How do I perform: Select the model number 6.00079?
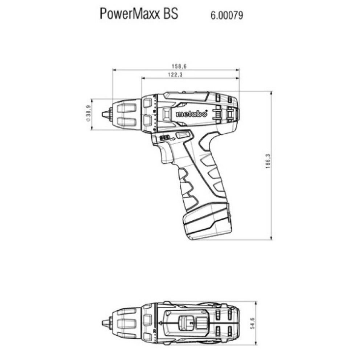(227, 16)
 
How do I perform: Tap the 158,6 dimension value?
(175, 66)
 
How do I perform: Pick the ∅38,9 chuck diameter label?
(88, 114)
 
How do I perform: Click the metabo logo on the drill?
(191, 114)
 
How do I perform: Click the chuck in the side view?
(125, 114)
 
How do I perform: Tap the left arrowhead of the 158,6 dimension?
(114, 70)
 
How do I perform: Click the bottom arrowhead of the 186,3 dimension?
(271, 238)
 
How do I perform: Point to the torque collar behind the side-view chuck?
(148, 114)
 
